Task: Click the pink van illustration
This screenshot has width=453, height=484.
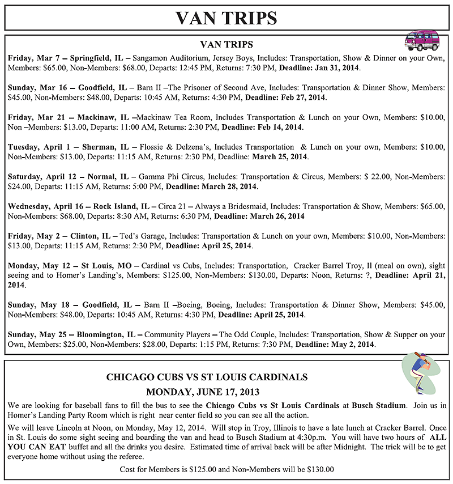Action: coord(422,40)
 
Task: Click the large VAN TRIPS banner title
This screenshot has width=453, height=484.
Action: coord(226,18)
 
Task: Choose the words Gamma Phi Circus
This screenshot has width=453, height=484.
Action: coord(165,176)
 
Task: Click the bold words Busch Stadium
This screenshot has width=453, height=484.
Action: coord(379,405)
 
